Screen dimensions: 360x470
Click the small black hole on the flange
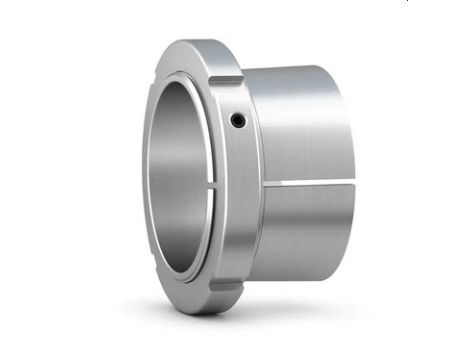[x=236, y=120]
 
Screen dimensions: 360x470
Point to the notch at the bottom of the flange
[x=226, y=294]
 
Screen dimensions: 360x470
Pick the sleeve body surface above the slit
[x=300, y=130]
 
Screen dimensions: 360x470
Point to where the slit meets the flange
[x=264, y=185]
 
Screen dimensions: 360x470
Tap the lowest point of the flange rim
[x=196, y=314]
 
